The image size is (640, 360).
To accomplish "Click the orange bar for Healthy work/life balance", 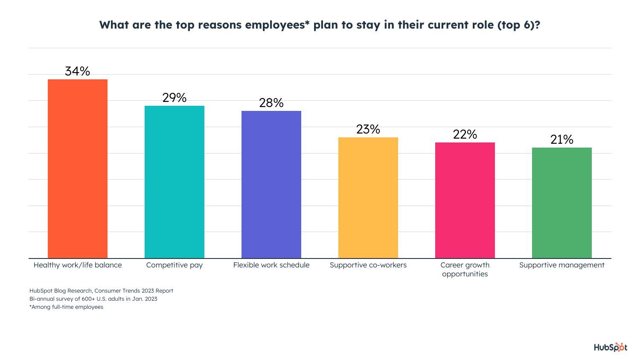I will (78, 168).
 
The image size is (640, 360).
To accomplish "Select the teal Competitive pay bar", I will (175, 182).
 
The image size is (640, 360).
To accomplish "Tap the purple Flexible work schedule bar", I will (271, 184).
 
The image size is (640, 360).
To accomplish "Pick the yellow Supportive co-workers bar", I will (368, 197).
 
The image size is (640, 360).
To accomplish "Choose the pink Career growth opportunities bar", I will (465, 200).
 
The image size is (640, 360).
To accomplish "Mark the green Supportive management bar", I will (562, 203).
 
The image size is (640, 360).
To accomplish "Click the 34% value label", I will (78, 71).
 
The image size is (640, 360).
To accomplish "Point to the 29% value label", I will (175, 98).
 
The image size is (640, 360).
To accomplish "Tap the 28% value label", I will (271, 103).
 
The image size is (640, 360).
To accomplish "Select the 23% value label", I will (368, 129).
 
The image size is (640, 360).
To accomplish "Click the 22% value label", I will (465, 134).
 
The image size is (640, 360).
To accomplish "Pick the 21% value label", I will (562, 139).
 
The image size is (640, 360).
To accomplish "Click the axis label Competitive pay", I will (175, 265).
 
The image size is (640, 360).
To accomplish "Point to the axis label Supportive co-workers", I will (368, 265).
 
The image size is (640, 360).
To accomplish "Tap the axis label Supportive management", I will (562, 265).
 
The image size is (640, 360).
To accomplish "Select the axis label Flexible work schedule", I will (271, 265).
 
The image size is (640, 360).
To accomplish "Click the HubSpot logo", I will (611, 347).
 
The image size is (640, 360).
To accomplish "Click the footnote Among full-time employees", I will (67, 307).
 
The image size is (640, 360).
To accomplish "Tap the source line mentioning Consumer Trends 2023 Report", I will (102, 290).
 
